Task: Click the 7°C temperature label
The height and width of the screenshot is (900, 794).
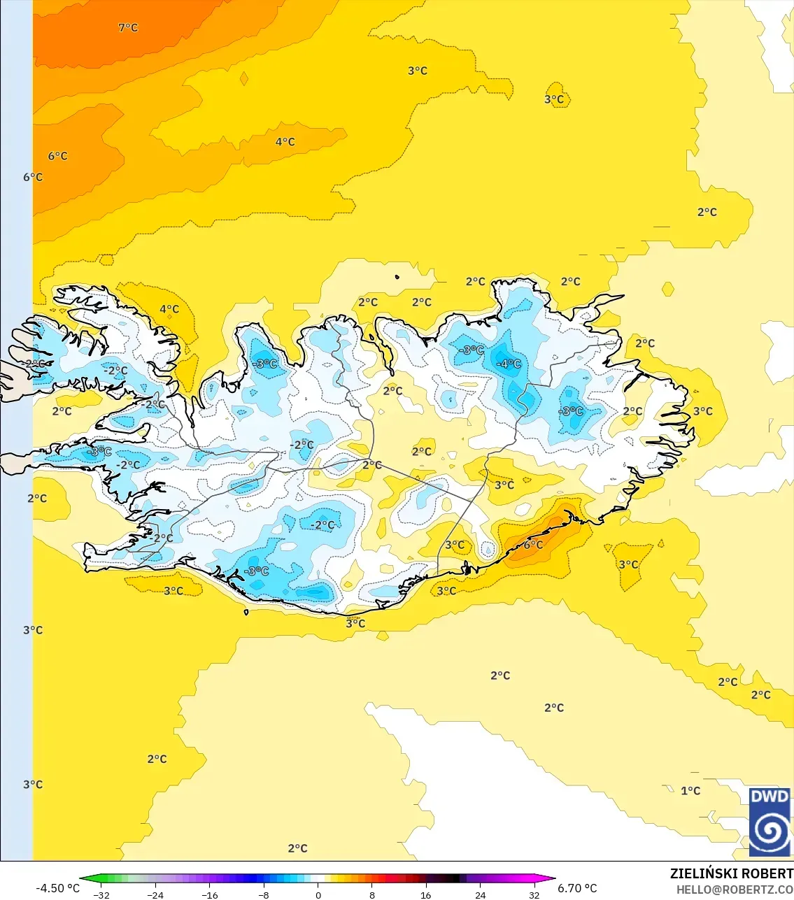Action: point(128,27)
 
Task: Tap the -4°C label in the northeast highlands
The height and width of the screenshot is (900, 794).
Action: point(509,364)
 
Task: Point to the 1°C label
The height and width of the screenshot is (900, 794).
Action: point(690,790)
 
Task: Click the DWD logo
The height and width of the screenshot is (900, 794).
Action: point(770,822)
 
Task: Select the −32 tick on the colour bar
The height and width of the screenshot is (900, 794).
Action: point(101,894)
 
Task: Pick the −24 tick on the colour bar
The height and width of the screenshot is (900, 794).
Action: point(155,894)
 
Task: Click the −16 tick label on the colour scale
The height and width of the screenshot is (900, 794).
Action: point(209,894)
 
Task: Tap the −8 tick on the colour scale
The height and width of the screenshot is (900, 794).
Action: point(264,894)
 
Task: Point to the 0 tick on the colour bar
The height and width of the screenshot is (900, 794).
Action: point(318,894)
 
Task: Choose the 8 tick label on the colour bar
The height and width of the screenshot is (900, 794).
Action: point(372,894)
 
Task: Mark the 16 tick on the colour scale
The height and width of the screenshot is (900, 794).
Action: point(426,894)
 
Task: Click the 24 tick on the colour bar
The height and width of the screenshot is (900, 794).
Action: point(480,894)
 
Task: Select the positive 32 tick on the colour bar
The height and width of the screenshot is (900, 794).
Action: point(534,894)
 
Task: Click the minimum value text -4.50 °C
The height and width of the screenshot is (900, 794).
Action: point(57,888)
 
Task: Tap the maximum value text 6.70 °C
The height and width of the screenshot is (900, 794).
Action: point(577,888)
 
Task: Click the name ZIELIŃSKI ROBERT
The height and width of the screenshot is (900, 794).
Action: point(731,873)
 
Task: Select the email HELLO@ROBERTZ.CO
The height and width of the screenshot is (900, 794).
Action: point(735,890)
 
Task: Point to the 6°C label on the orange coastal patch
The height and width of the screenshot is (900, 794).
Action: point(533,545)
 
